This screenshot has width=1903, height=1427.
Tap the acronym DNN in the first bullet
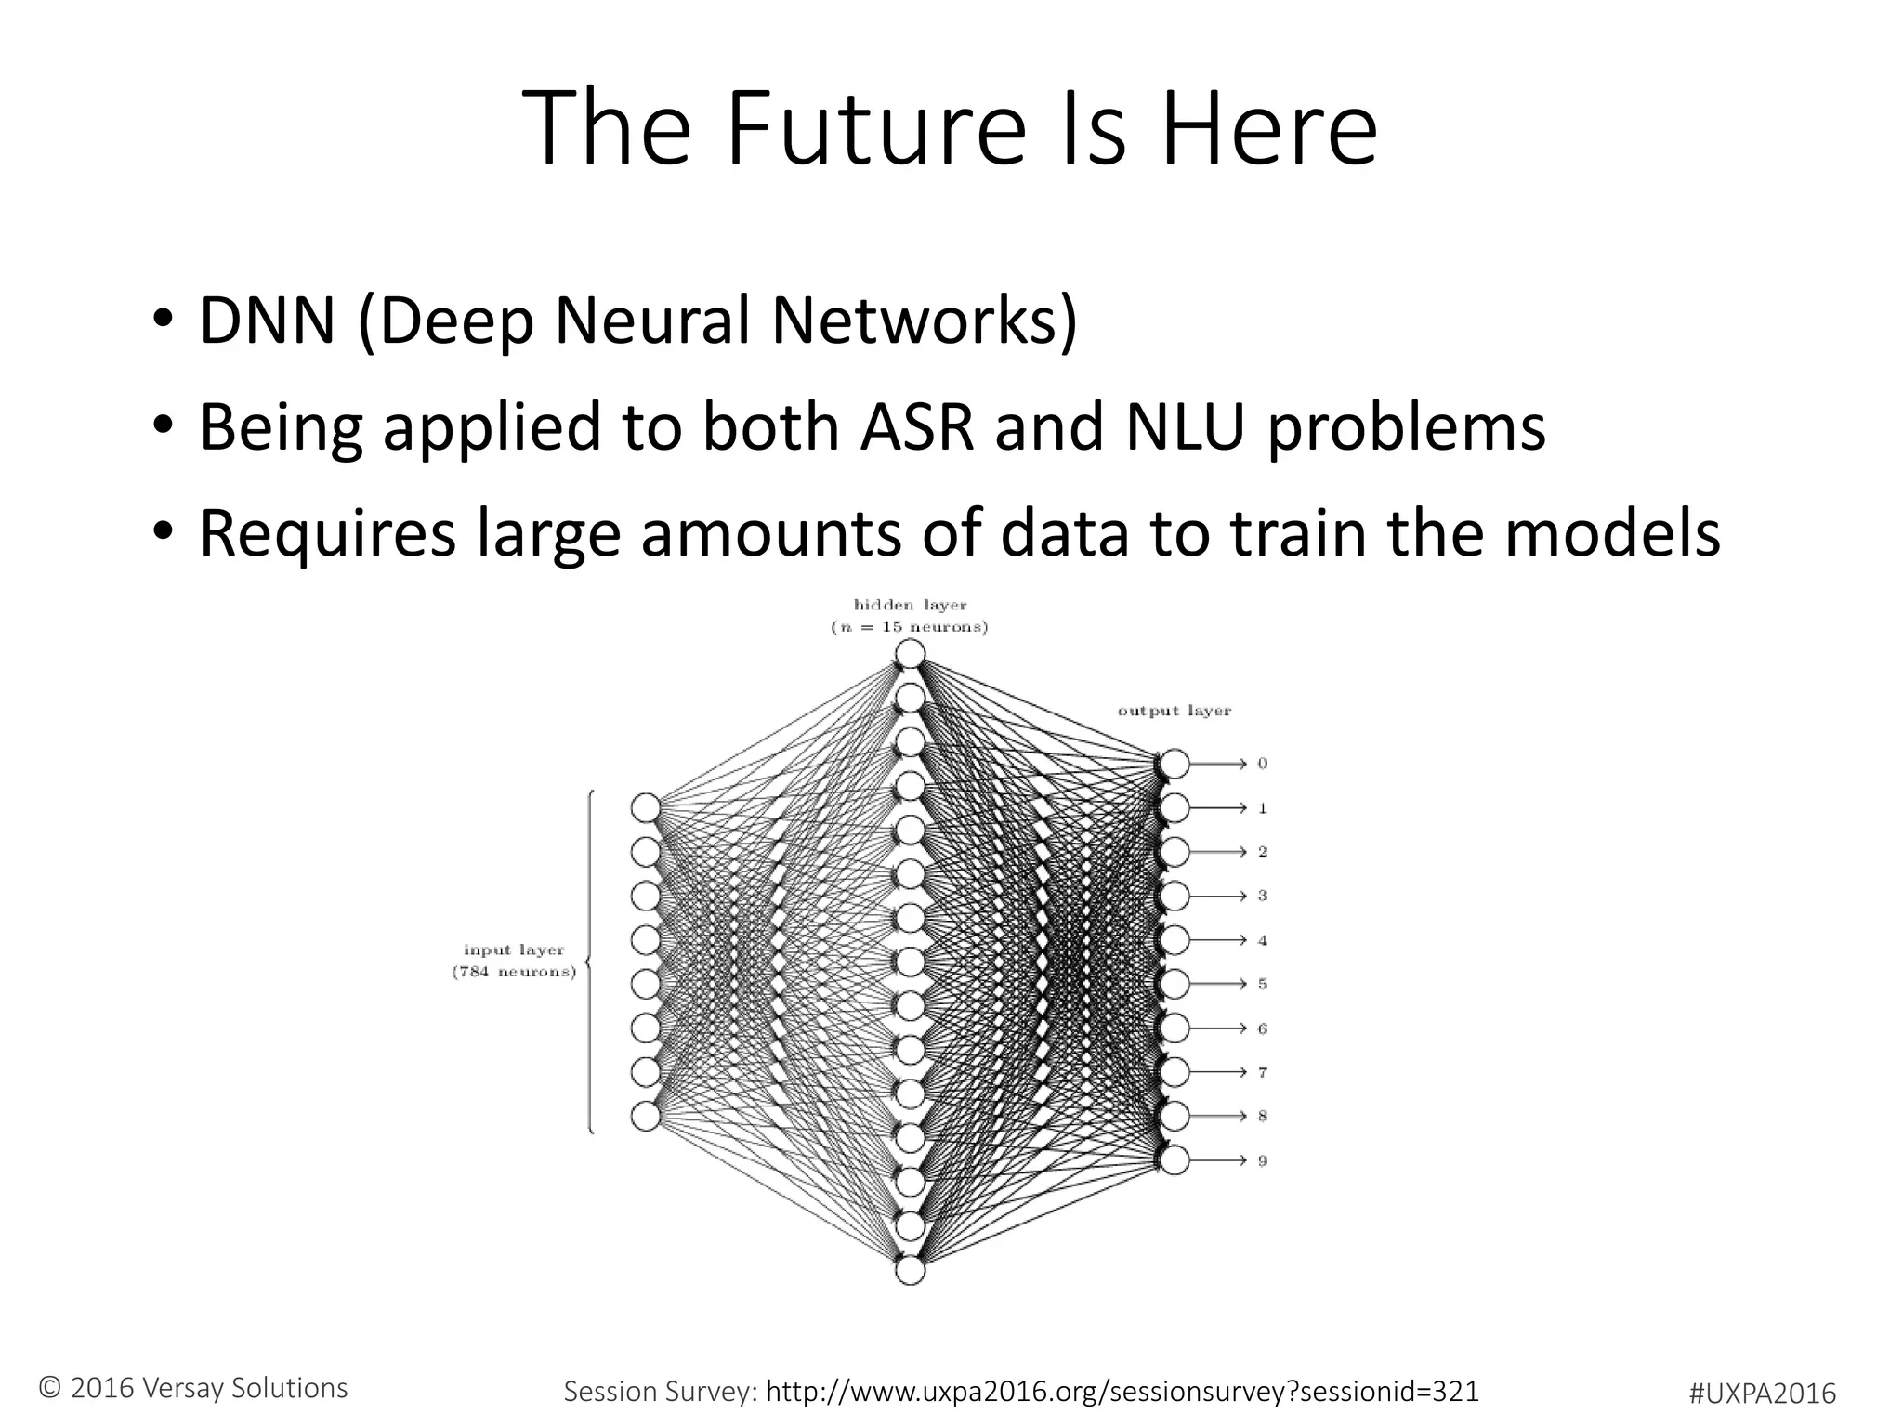[x=267, y=321]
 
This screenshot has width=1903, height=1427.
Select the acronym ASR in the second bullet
[x=916, y=427]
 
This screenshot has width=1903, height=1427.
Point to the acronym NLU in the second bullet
[x=1184, y=427]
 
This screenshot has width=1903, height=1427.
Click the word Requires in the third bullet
[x=327, y=534]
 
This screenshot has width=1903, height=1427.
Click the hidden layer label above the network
[x=910, y=616]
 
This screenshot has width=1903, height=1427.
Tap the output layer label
[x=1174, y=711]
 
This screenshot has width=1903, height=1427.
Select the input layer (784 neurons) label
[x=514, y=961]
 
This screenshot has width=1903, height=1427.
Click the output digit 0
[x=1262, y=764]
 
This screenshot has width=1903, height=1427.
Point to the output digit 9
[x=1262, y=1160]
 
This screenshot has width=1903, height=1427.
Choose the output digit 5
[x=1262, y=984]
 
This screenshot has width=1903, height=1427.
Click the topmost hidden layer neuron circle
[x=910, y=654]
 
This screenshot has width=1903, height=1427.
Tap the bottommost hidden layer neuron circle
[x=910, y=1270]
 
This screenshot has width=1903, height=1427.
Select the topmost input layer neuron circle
[x=646, y=808]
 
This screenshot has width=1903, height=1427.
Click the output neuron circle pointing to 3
[x=1175, y=896]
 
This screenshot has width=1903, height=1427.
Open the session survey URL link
[x=1122, y=1391]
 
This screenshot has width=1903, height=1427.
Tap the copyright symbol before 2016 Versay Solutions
[x=50, y=1389]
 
